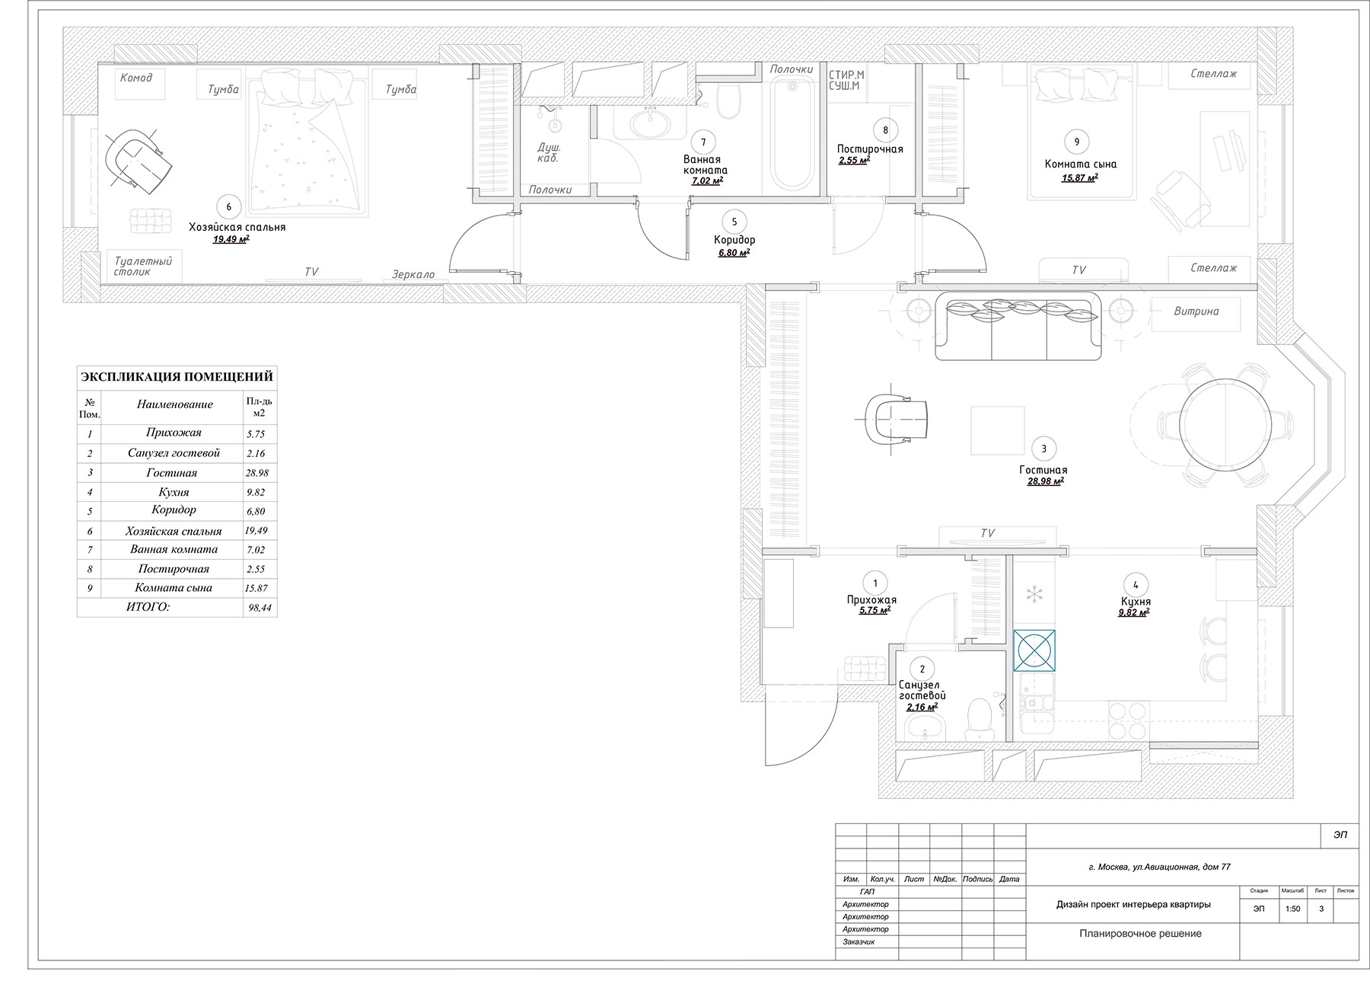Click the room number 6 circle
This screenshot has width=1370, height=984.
coord(228,206)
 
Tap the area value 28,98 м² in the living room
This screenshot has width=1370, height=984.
coord(1045,481)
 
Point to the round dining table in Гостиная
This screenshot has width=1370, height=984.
coord(1225,425)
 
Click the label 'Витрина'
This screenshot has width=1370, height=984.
coord(1196,311)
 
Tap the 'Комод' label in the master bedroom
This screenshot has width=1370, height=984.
coord(136,78)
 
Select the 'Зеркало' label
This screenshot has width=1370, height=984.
coord(413,274)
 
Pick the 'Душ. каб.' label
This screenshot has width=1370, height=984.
coord(548,152)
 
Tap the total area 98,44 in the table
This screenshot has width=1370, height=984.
coord(260,608)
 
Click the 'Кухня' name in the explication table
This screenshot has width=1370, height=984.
coord(174,492)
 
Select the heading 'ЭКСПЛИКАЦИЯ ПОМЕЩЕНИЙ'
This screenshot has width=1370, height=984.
coord(177,376)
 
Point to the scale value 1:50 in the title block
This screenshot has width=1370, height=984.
coord(1292,909)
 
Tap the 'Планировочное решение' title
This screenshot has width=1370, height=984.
coord(1140,934)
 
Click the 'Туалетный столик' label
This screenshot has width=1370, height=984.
coord(143,266)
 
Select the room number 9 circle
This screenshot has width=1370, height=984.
coord(1076,142)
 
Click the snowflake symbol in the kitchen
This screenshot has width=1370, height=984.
coord(1034,594)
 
